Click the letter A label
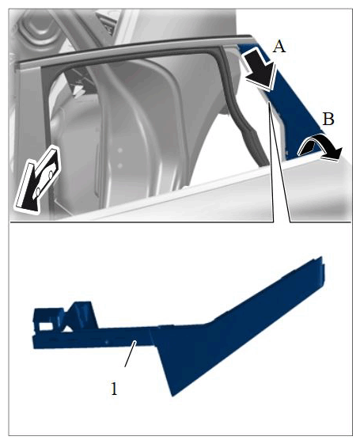click(279, 47)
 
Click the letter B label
click(328, 119)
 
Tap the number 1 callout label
click(114, 389)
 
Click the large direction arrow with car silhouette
click(37, 178)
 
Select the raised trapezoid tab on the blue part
click(81, 314)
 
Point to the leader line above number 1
click(131, 354)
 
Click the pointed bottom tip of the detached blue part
click(172, 396)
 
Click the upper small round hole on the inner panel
click(120, 150)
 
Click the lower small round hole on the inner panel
click(119, 165)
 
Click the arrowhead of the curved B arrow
click(335, 154)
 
